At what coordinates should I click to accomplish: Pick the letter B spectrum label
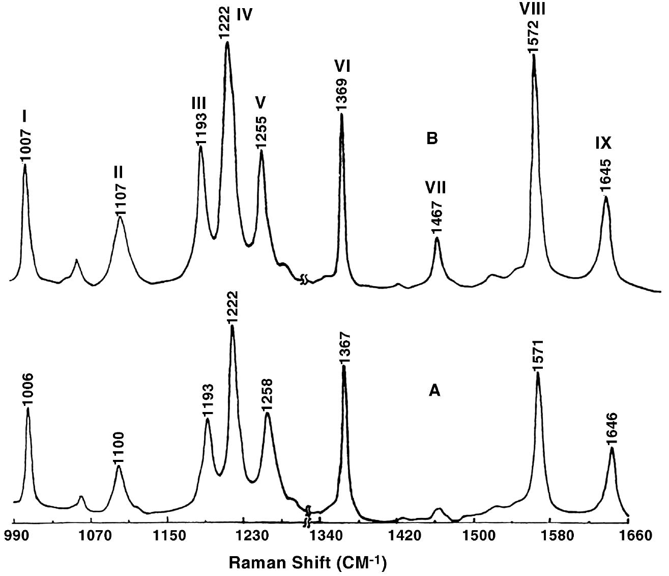(432, 139)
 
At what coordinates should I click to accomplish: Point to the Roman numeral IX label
(603, 144)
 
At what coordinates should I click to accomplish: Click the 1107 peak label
(120, 199)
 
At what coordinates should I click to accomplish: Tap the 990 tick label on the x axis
(14, 536)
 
